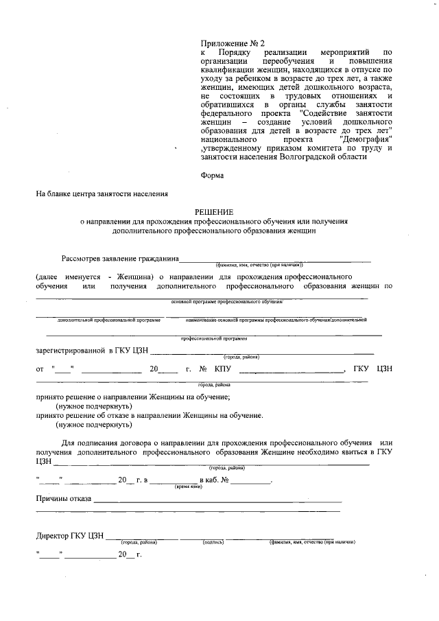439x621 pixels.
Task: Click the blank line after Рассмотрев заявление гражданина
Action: tap(274, 258)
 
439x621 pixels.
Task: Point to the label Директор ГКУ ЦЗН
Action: tap(70, 535)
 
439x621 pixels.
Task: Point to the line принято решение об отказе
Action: tap(150, 415)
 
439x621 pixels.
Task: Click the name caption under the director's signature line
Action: tap(311, 543)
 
